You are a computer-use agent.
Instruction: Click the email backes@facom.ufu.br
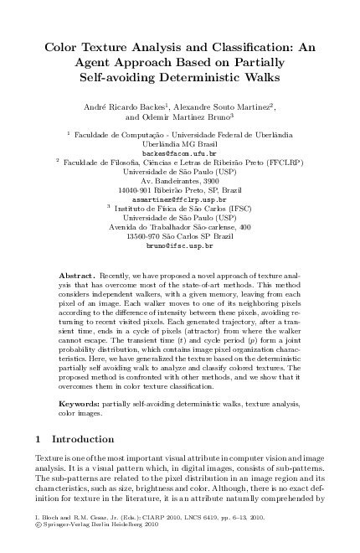tap(179, 154)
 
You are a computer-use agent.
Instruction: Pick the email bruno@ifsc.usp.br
tap(179, 246)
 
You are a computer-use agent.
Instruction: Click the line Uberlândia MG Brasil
tap(179, 144)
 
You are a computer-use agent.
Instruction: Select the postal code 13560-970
tap(146, 237)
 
